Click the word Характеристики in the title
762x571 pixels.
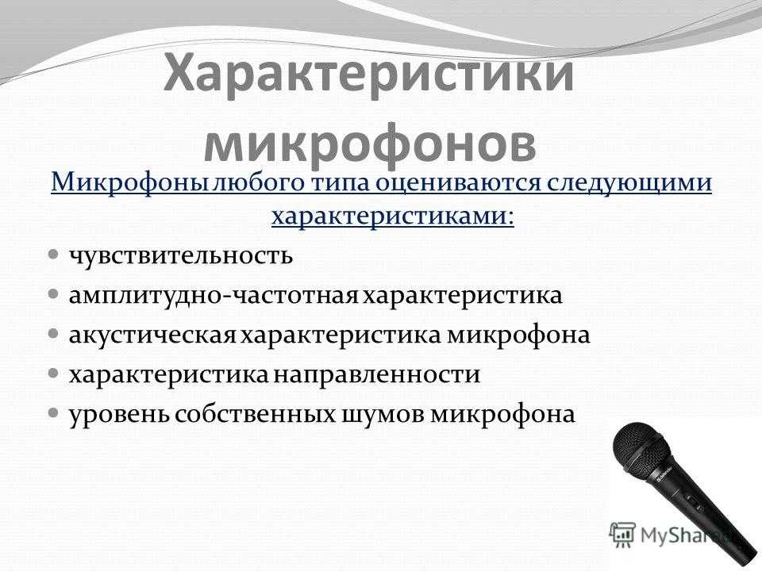(x=369, y=75)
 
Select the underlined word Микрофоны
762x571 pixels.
(x=130, y=183)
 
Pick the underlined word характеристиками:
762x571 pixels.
(x=393, y=217)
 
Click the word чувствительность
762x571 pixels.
(x=181, y=255)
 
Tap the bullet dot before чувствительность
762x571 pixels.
(x=54, y=254)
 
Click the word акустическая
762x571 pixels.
(x=152, y=335)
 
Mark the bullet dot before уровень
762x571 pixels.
(x=54, y=412)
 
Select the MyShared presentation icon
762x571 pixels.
(x=622, y=535)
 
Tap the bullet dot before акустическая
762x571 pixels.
(x=54, y=334)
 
